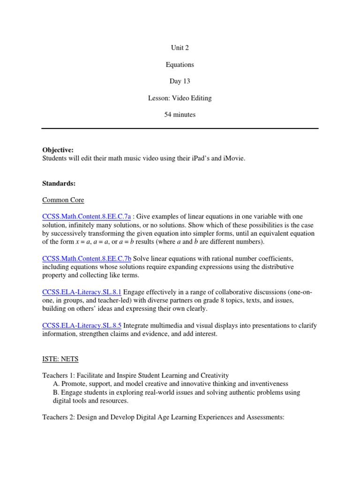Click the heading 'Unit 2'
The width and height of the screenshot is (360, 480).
(180, 48)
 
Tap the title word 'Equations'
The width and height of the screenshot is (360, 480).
(180, 65)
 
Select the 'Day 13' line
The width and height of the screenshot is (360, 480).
(180, 81)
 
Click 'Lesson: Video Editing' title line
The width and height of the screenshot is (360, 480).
(180, 98)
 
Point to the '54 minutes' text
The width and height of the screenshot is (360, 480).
(180, 115)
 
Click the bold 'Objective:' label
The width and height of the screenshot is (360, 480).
(58, 150)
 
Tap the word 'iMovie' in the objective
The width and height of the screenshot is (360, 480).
(234, 158)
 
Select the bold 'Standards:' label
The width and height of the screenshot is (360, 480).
(59, 184)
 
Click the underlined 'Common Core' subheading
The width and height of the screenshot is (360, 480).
(63, 200)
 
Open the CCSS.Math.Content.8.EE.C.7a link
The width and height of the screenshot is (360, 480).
(87, 217)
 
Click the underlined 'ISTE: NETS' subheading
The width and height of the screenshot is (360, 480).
(60, 360)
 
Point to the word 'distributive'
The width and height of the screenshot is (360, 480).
(275, 267)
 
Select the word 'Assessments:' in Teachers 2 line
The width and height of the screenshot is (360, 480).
(265, 417)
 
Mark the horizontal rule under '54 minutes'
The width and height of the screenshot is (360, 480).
(180, 128)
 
